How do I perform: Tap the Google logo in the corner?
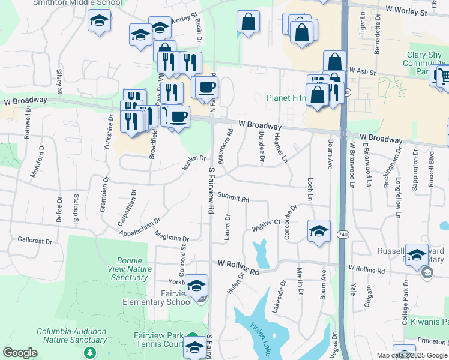20,353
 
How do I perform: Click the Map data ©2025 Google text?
412,355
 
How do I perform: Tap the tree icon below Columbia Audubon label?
89,352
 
